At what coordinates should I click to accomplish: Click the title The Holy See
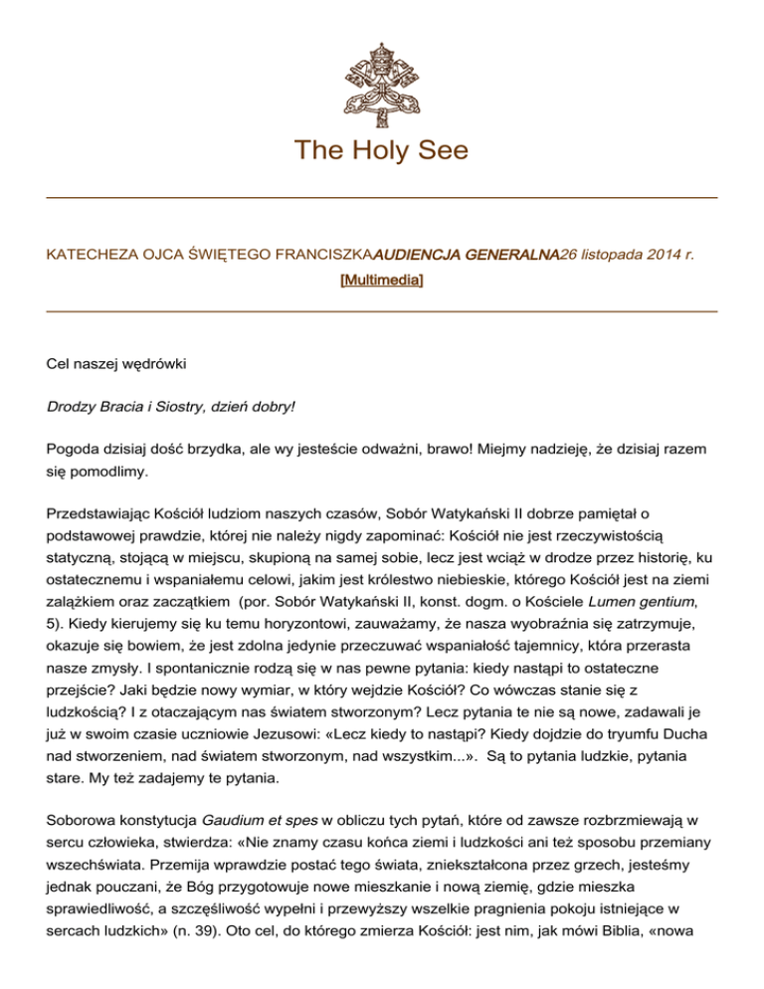tap(381, 151)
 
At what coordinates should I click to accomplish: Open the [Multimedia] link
tap(382, 282)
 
